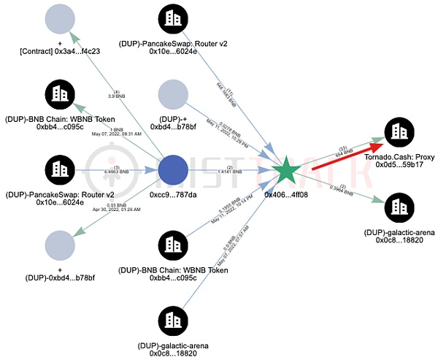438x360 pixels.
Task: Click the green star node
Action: (x=288, y=172)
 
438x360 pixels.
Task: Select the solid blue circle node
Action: (x=173, y=172)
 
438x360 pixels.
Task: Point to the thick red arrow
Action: (x=343, y=154)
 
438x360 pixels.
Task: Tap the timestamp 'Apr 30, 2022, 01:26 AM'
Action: (x=111, y=209)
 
